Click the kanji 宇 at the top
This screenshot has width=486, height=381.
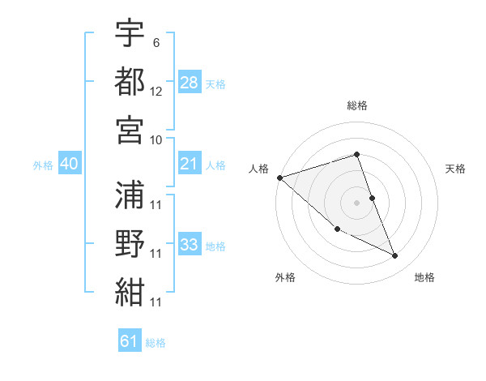click(130, 34)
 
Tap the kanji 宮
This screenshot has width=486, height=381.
click(130, 128)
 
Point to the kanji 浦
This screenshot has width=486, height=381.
click(130, 193)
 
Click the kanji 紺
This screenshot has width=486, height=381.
click(130, 292)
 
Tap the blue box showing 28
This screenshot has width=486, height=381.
click(190, 83)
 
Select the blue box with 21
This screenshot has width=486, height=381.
click(190, 165)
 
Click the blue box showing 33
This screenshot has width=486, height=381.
click(190, 245)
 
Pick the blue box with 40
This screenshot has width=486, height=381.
click(69, 165)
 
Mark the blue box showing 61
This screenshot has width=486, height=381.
click(130, 341)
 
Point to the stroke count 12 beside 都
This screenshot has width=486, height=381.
click(156, 91)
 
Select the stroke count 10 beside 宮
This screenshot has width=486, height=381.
click(156, 139)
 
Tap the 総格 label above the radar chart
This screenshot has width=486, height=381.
click(357, 105)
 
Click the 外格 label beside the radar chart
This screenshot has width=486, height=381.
click(285, 277)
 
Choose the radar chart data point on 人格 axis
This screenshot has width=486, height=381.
click(279, 178)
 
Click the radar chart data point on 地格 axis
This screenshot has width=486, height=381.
click(395, 256)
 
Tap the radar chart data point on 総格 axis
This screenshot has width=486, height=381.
click(357, 155)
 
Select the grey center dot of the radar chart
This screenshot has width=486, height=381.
click(357, 202)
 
